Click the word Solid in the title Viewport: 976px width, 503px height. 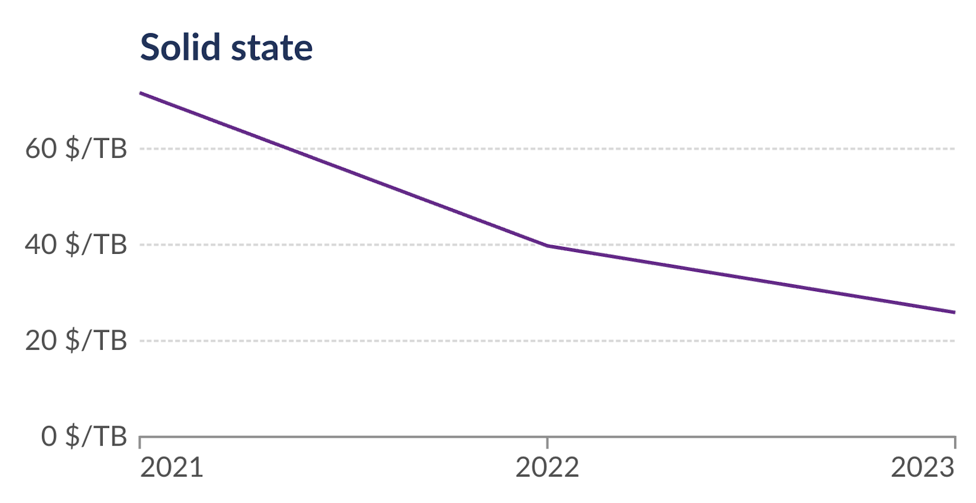tap(180, 47)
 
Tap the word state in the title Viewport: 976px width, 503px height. tap(272, 48)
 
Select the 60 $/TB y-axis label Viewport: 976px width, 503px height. tap(76, 149)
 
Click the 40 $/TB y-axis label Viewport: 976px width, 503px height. tap(76, 245)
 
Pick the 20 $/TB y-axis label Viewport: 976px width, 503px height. tap(76, 341)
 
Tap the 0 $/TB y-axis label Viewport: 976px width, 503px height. tap(84, 436)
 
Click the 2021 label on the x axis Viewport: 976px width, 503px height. tap(172, 467)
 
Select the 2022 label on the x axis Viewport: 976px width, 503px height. tap(547, 467)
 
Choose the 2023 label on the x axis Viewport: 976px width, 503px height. tap(923, 467)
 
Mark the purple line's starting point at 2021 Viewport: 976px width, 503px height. tap(141, 93)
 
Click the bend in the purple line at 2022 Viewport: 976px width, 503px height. tap(548, 246)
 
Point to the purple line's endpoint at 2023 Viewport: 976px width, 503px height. tap(954, 312)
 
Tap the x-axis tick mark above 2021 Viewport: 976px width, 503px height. tap(140, 442)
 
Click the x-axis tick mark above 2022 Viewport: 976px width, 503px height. tap(548, 442)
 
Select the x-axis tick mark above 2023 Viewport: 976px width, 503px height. tap(955, 442)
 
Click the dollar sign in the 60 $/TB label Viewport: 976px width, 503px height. tap(73, 149)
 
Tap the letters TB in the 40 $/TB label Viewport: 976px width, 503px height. tap(110, 245)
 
